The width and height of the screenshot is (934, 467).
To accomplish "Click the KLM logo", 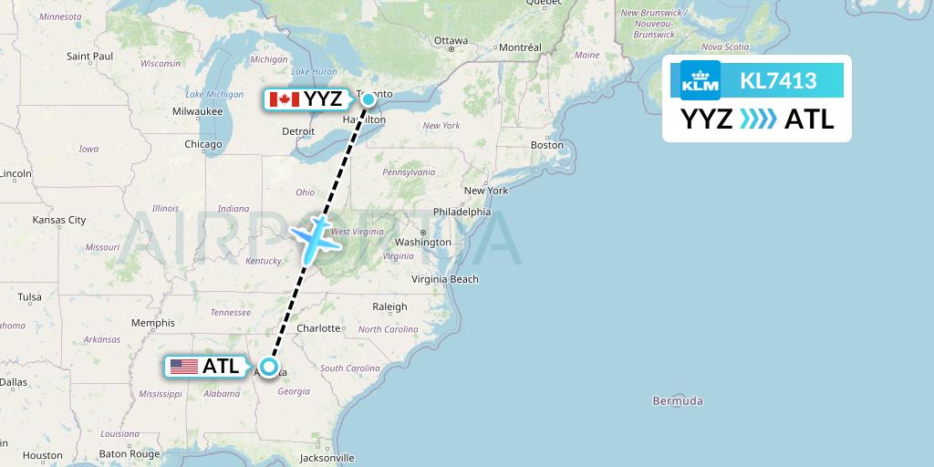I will tap(700, 81).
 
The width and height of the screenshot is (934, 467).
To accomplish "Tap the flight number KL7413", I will tap(778, 81).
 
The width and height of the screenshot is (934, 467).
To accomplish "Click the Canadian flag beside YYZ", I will tap(285, 99).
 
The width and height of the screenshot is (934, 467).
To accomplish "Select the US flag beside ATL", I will tap(184, 367).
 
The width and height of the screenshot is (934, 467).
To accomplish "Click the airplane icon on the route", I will tap(314, 235).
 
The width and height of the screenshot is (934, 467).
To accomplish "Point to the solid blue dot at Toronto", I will tap(368, 99).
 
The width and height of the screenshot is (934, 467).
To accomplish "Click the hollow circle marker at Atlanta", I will tap(268, 367).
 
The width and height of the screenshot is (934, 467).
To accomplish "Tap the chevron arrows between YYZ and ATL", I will tap(758, 119).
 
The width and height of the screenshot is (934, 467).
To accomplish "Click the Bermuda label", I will tap(678, 400).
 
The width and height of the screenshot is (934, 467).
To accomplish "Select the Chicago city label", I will tap(202, 144).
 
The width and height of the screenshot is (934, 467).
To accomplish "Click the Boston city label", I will tap(547, 145).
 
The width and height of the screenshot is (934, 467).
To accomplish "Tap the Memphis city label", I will tap(152, 323).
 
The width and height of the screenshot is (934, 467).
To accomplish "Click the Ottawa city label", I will tap(451, 41).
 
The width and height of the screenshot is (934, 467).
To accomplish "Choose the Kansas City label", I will tap(58, 220).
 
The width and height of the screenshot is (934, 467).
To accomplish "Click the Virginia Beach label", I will tap(445, 279).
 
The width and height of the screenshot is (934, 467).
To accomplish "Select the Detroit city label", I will tap(298, 131).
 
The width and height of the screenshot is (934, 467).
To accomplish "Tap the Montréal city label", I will tap(520, 47).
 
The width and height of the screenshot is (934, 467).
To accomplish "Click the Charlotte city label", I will tap(318, 328).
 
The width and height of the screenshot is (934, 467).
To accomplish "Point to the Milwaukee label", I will tap(197, 111).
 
